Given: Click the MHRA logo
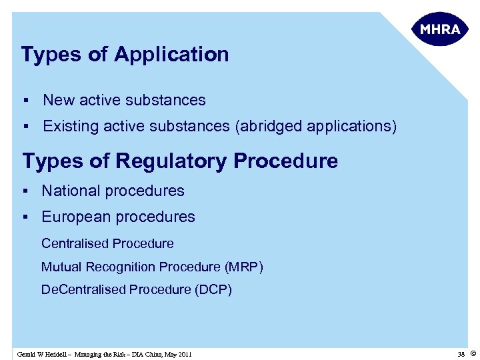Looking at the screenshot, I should tap(440, 29).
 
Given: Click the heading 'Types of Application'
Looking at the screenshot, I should tap(125, 55).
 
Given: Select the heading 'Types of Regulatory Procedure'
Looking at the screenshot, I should tap(180, 161).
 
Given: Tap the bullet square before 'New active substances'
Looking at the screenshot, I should tap(24, 101).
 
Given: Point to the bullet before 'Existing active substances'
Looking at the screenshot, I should tap(24, 126).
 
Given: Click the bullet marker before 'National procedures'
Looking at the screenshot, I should tap(24, 191).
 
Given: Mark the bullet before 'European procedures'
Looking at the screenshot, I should tap(24, 217).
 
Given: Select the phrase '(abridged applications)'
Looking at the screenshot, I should tap(315, 126).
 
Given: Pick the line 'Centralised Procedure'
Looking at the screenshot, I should tap(107, 243).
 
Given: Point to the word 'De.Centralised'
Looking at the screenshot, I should tap(83, 289).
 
